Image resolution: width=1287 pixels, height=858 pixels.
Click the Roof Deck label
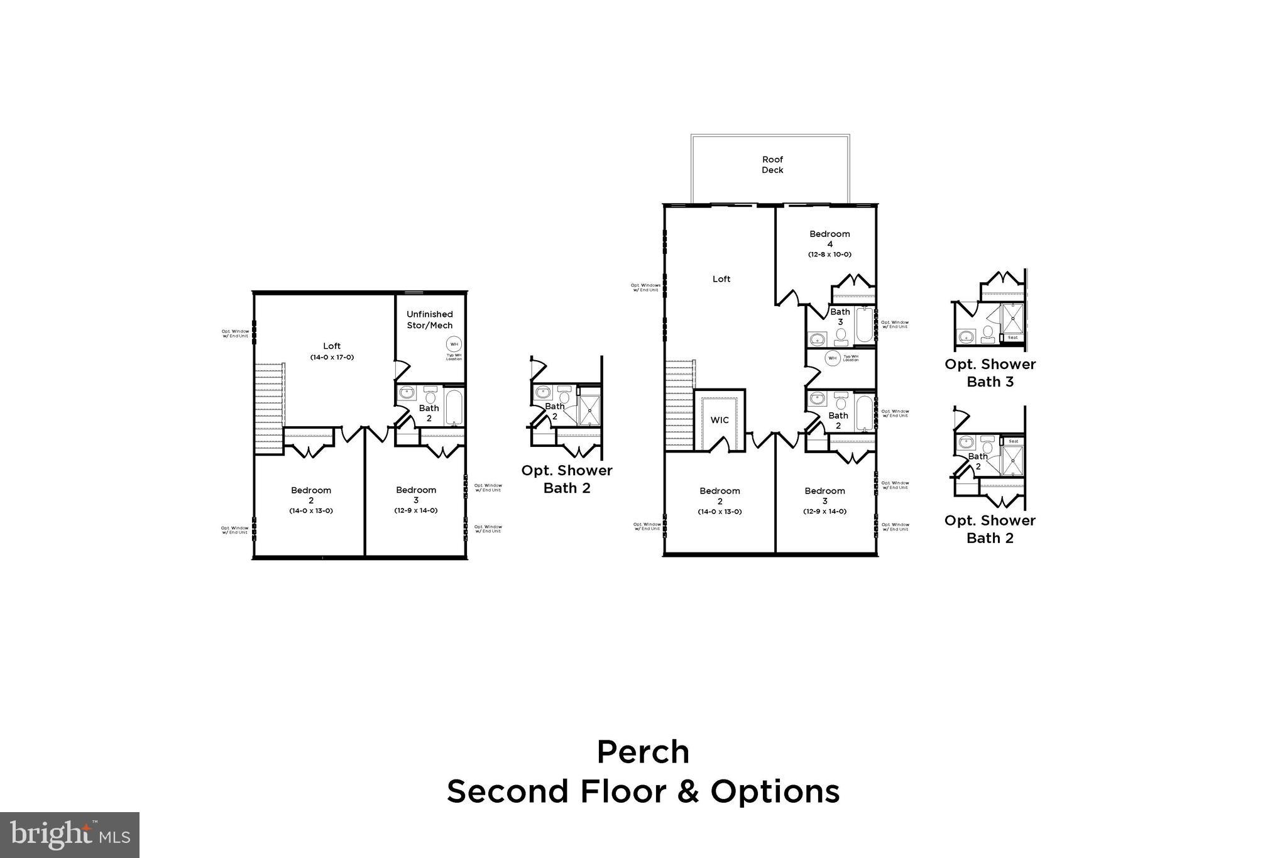[772, 165]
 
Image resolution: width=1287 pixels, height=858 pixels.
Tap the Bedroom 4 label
[830, 239]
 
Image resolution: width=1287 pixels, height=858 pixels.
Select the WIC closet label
[720, 420]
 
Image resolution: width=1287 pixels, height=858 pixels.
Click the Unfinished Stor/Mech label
[429, 319]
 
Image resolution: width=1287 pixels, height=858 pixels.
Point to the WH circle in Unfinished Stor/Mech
[454, 344]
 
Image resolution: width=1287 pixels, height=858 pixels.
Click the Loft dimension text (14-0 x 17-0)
[332, 357]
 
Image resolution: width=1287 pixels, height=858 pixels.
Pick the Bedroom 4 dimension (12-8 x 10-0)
[830, 255]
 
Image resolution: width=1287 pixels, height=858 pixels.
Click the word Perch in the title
[643, 752]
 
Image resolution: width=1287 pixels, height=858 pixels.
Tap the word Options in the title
[775, 791]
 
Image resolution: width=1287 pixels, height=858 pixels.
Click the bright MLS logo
[70, 835]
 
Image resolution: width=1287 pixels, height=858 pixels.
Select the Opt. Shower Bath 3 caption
[990, 373]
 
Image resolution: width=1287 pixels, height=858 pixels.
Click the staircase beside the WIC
[679, 404]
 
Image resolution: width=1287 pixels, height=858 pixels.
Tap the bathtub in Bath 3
[865, 324]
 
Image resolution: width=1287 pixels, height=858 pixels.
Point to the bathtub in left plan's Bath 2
[454, 407]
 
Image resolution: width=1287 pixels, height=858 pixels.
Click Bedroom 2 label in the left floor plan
[311, 495]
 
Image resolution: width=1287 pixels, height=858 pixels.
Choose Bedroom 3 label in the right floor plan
[824, 495]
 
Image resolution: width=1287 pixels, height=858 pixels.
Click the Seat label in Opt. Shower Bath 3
[1012, 338]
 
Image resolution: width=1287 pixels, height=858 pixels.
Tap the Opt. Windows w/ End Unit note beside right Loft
[645, 287]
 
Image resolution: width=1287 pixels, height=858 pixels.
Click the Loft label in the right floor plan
[721, 279]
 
